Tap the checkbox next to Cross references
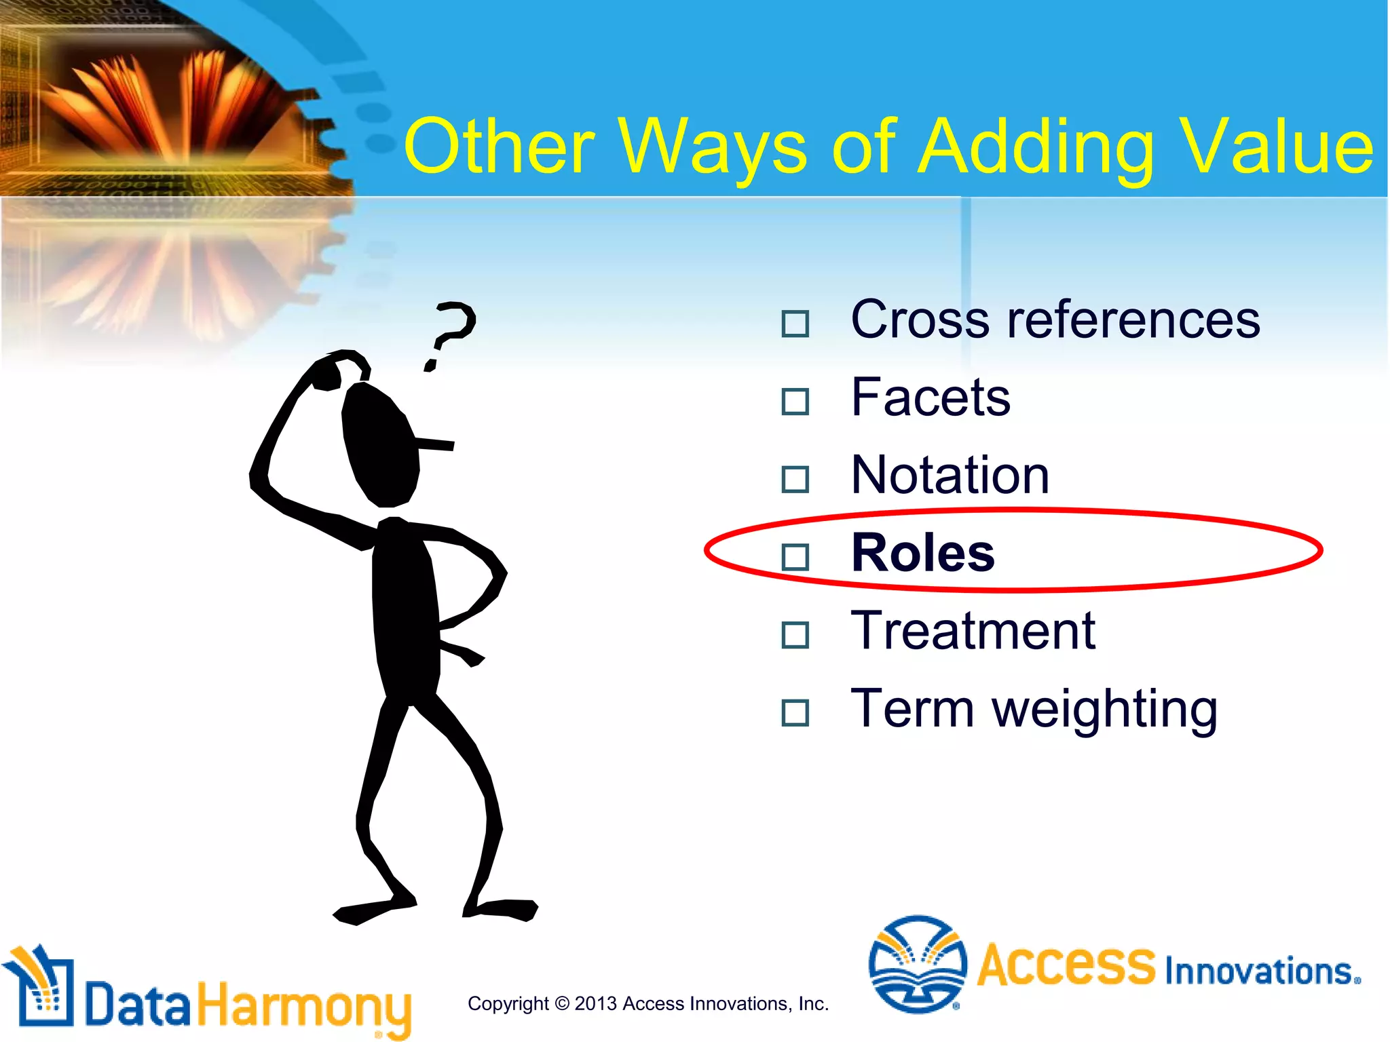point(795,324)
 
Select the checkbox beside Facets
point(795,402)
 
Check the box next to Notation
point(795,480)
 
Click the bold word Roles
point(922,553)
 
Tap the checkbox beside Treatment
point(795,636)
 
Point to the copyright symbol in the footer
point(562,1003)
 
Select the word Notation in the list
point(950,475)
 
